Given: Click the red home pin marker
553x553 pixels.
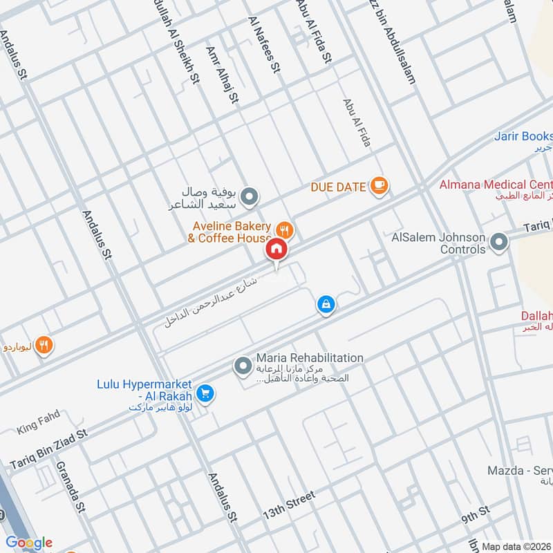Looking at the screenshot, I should pyautogui.click(x=276, y=248).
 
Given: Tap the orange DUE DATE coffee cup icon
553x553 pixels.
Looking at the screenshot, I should pyautogui.click(x=379, y=185).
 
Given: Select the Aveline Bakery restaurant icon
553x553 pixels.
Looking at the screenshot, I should pyautogui.click(x=283, y=229).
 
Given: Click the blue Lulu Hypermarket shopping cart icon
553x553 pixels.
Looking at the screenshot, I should pyautogui.click(x=205, y=394).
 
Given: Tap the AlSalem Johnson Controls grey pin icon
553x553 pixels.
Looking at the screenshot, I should pyautogui.click(x=498, y=242).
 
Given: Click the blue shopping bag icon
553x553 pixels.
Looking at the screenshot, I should pyautogui.click(x=326, y=304).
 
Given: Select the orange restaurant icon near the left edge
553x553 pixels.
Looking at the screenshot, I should pyautogui.click(x=44, y=345).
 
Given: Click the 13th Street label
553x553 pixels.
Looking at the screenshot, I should pyautogui.click(x=288, y=507).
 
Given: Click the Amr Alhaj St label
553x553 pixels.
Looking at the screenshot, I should pyautogui.click(x=222, y=75).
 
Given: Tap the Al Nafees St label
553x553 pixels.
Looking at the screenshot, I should pyautogui.click(x=263, y=46).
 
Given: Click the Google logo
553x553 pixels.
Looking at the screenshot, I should pyautogui.click(x=29, y=543).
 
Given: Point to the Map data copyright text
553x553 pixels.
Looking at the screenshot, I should pyautogui.click(x=516, y=546).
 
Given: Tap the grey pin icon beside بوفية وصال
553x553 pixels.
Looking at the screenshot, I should pyautogui.click(x=252, y=197).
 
